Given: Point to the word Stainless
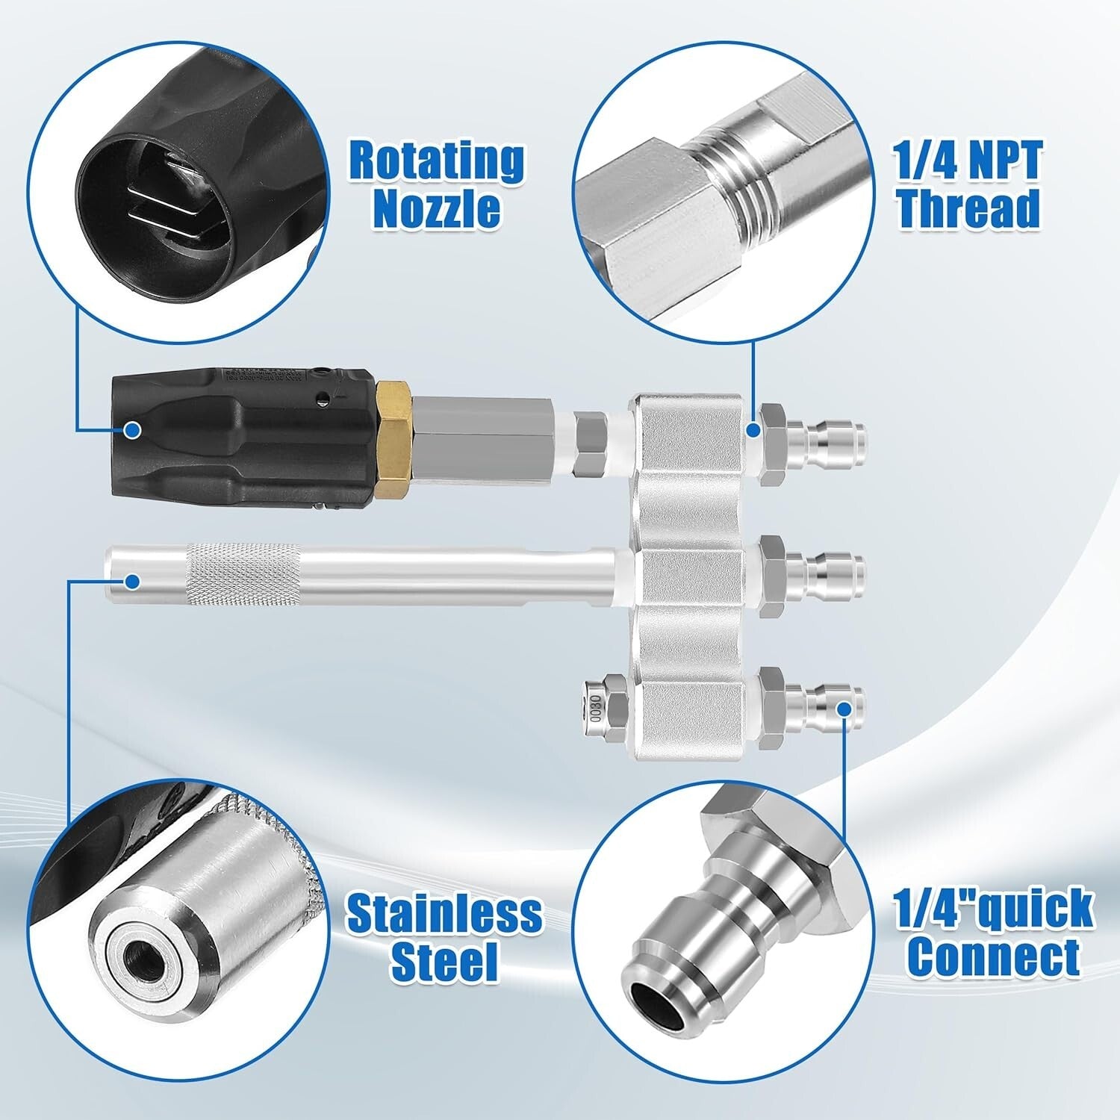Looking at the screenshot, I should pos(444,913).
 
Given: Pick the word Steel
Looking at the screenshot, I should pos(444,961).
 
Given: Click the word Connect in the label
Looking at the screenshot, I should pos(994,956).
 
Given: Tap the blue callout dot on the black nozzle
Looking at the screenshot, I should pos(133,430).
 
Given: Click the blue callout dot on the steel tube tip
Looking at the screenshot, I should pos(133,580).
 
